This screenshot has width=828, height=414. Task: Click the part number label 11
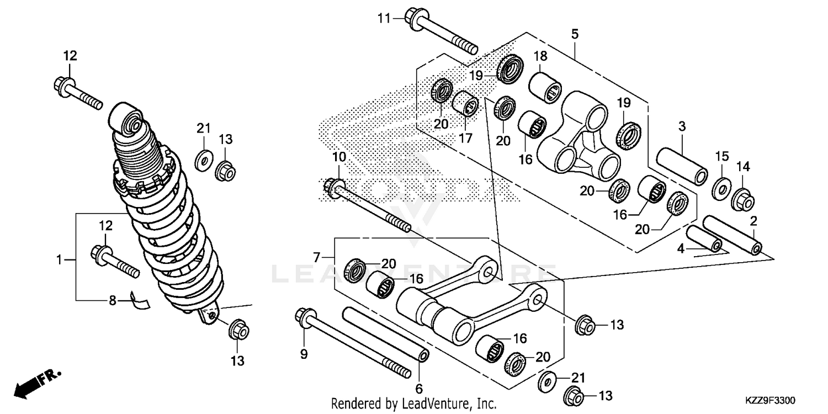pyautogui.click(x=384, y=18)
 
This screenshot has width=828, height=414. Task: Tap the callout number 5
pyautogui.click(x=575, y=34)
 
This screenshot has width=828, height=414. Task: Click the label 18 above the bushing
pyautogui.click(x=540, y=56)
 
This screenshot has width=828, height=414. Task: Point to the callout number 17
pyautogui.click(x=465, y=137)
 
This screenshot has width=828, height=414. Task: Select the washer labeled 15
pyautogui.click(x=721, y=189)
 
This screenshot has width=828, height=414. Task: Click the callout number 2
pyautogui.click(x=753, y=221)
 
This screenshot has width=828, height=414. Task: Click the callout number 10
pyautogui.click(x=339, y=157)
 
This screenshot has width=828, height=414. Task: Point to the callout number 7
pyautogui.click(x=316, y=257)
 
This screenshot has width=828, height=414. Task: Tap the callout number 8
pyautogui.click(x=112, y=301)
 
